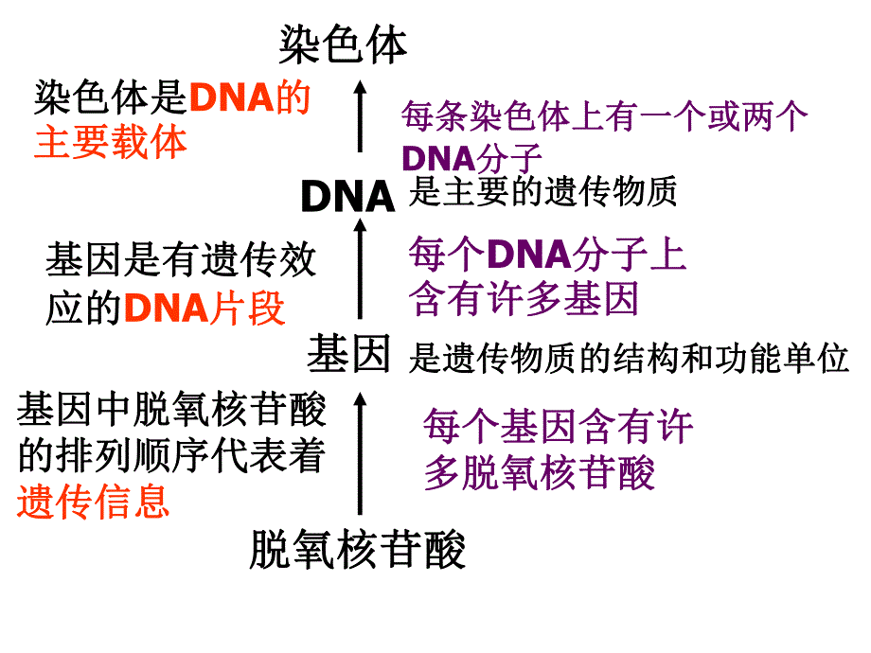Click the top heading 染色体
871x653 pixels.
[x=343, y=44]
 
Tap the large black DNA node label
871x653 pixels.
[x=347, y=196]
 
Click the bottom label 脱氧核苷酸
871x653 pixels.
[x=358, y=550]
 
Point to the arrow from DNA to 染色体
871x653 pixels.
[x=360, y=116]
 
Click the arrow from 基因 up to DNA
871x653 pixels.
[x=360, y=268]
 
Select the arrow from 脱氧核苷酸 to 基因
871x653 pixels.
[x=360, y=454]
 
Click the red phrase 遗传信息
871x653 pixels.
[x=93, y=502]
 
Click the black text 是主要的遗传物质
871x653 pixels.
[x=543, y=193]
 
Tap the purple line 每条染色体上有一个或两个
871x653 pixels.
[x=604, y=116]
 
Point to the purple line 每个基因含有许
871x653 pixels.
[x=559, y=428]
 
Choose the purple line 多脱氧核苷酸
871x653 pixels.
[x=540, y=473]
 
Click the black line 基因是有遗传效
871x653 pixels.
[x=181, y=261]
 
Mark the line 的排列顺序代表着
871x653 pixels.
[x=171, y=457]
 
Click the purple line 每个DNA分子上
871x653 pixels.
[x=547, y=256]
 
